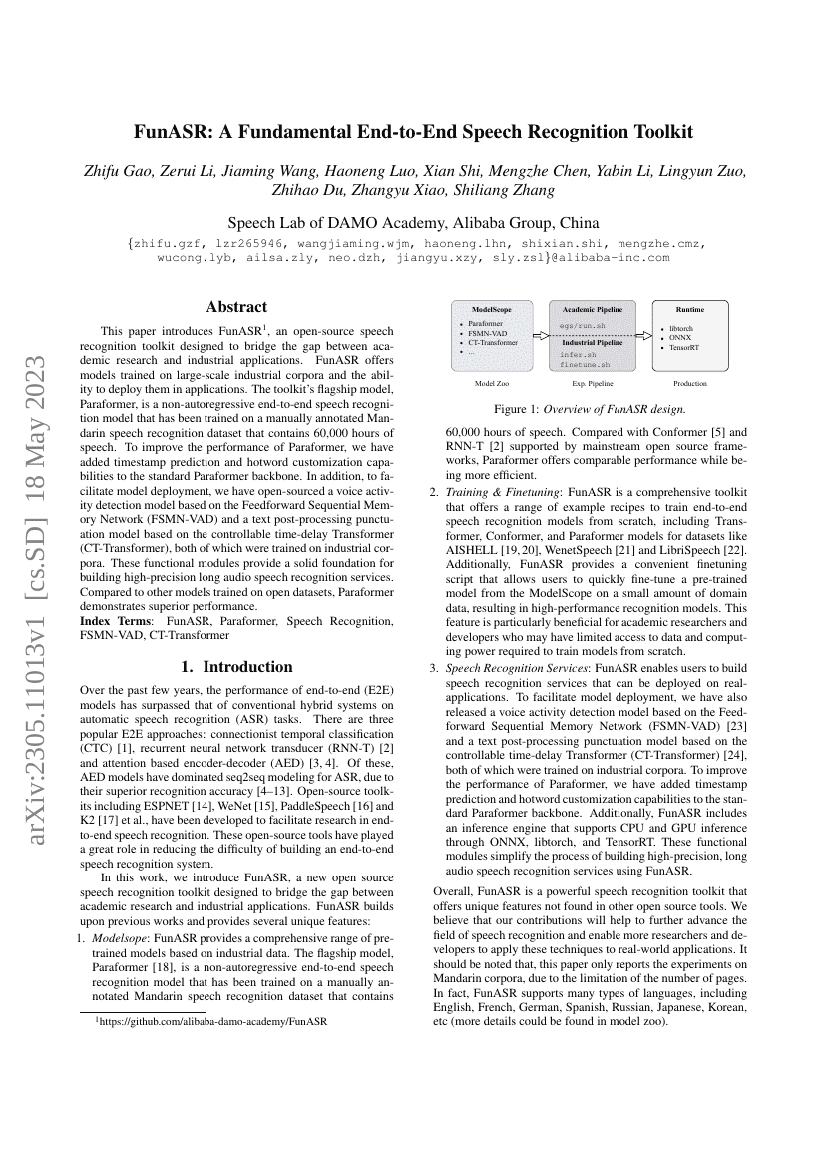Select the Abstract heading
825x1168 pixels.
point(236,307)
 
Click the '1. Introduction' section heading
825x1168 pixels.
point(236,666)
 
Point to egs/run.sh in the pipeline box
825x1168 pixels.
point(582,325)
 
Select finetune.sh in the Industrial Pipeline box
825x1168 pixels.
point(584,365)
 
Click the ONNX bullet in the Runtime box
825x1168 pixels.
point(681,337)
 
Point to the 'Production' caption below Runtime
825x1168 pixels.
point(689,383)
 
